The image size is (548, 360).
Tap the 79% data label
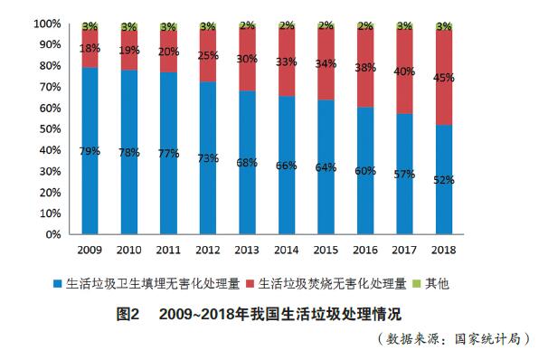coord(90,150)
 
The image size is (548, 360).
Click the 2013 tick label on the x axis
coord(246,248)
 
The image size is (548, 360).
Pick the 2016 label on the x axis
coord(364,248)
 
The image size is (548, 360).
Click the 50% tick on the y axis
coord(51,128)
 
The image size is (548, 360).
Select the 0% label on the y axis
coord(53,234)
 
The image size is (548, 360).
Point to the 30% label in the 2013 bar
coord(247,59)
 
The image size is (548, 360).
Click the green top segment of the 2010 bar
coord(128,26)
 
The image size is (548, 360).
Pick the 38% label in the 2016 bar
coord(364,67)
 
